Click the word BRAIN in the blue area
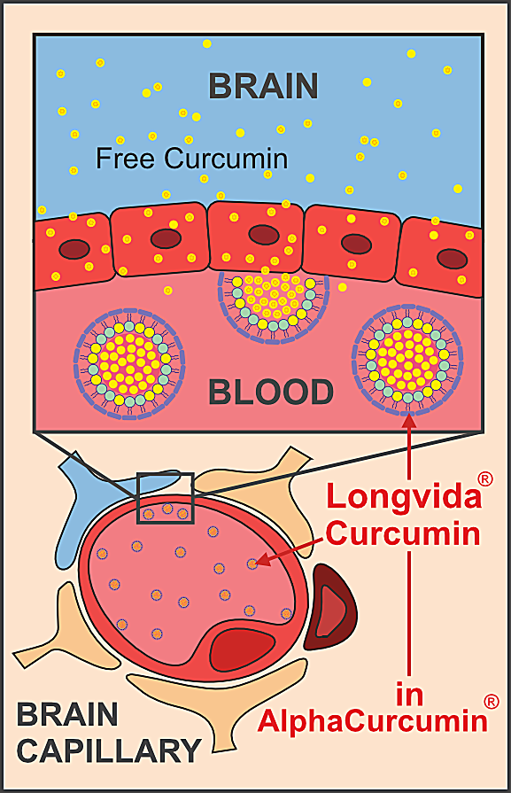pyautogui.click(x=263, y=86)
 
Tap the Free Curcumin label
pyautogui.click(x=192, y=159)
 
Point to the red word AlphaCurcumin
pyautogui.click(x=372, y=719)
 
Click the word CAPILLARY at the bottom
pyautogui.click(x=109, y=751)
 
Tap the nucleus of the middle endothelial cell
pyautogui.click(x=263, y=234)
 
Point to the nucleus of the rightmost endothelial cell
pyautogui.click(x=453, y=258)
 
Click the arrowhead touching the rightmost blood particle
pyautogui.click(x=408, y=424)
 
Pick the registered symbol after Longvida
pyautogui.click(x=484, y=479)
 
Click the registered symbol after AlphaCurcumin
pyautogui.click(x=492, y=701)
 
